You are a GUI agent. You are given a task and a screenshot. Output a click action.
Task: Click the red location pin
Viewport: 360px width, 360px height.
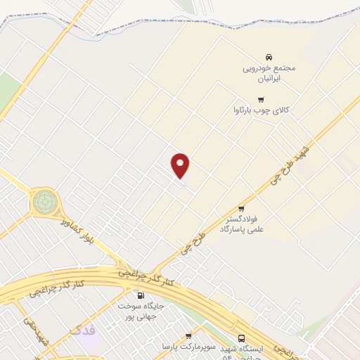pos(181,165)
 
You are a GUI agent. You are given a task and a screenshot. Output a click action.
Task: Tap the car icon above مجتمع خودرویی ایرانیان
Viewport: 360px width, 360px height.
pos(269,56)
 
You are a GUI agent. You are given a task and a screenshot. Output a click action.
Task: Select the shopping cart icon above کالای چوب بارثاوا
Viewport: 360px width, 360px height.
pos(261,99)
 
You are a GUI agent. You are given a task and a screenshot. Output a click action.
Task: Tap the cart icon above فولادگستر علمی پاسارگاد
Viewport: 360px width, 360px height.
pos(241,208)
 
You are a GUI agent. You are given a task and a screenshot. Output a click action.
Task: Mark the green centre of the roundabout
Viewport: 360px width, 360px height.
pos(44,202)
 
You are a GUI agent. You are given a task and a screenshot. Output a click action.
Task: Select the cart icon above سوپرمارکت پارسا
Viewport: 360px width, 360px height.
pos(187,336)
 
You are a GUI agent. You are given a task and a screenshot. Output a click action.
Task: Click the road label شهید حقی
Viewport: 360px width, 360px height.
pos(35,336)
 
